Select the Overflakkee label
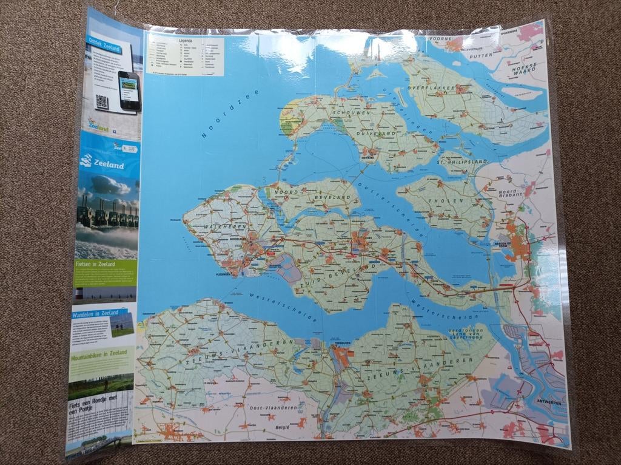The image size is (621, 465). coord(431,88)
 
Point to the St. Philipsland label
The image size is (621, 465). coord(463,161)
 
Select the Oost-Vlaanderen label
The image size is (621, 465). coord(272,408)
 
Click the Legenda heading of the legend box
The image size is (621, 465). coord(186,41)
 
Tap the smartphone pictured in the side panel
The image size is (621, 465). coord(129,90)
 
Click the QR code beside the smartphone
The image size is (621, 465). coord(101,101)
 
